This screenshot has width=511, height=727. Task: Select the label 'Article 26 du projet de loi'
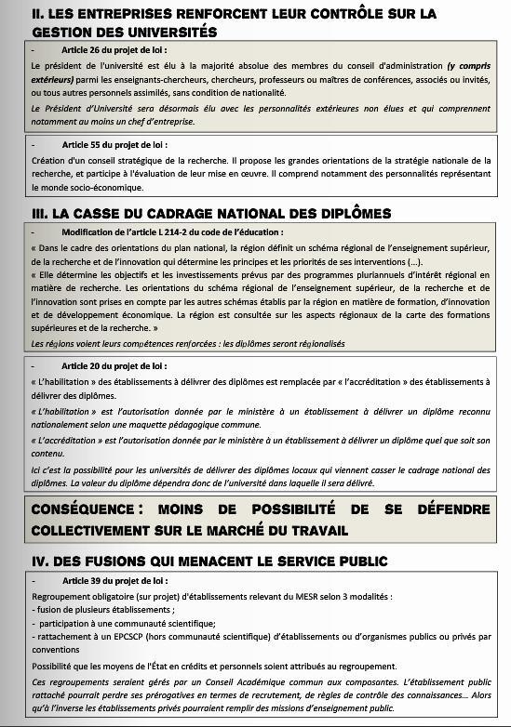[x=114, y=50]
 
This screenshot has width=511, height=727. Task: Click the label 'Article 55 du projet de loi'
[x=114, y=144]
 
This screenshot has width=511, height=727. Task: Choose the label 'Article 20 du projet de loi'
[x=114, y=366]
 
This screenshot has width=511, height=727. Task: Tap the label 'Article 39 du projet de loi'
[x=114, y=580]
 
